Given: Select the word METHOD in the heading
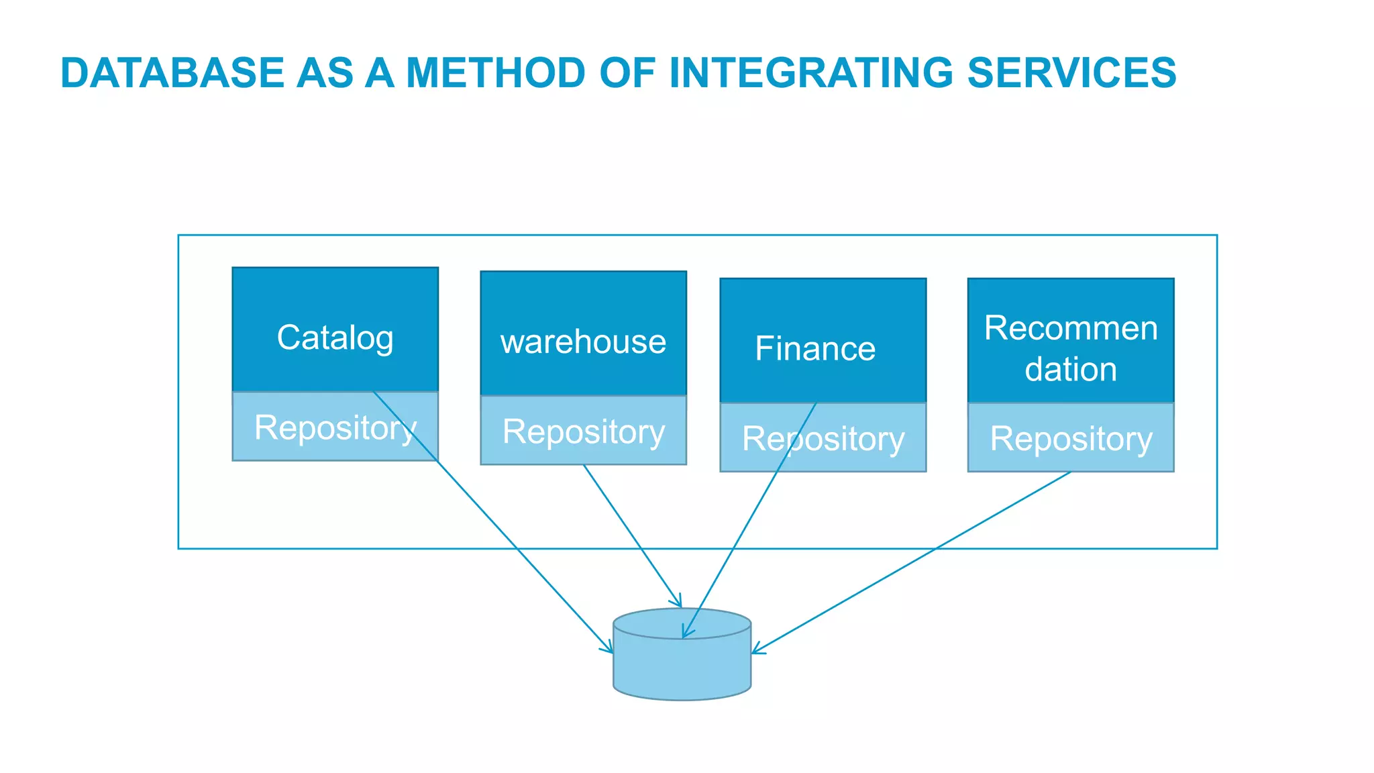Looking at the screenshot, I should pos(496,72).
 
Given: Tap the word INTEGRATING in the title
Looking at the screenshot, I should pos(810,72).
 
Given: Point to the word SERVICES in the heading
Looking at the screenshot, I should pos(1071,72).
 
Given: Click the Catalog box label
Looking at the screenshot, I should pos(335,338).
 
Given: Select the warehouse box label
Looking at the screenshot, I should pos(583,342).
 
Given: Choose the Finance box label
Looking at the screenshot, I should pos(815,349).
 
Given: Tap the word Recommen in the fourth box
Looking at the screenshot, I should pos(1071,328).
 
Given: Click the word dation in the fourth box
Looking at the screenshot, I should pos(1071,370).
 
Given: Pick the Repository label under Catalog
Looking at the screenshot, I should pos(335,427).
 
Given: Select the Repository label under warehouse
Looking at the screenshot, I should pos(583,431).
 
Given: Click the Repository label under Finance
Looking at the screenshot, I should pos(823,439).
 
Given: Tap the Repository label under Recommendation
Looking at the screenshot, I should pos(1071,439).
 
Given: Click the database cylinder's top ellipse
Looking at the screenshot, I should pos(711,623).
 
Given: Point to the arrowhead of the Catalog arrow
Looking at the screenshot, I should pos(610,650).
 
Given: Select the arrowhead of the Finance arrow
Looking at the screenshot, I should pos(685,634).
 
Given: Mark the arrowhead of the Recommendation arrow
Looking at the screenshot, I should pos(755,651).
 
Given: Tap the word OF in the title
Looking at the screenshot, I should pos(627,72).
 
